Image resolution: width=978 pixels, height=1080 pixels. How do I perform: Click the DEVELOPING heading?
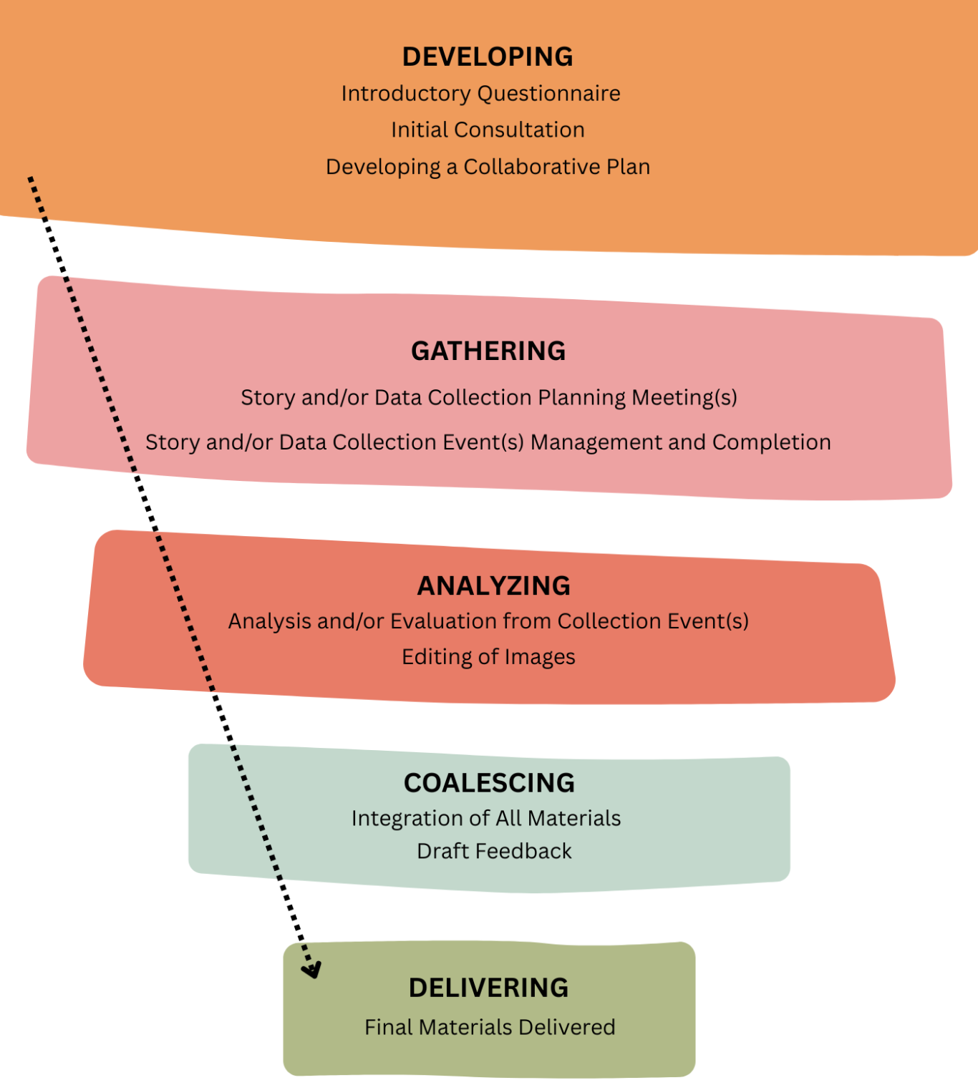(488, 57)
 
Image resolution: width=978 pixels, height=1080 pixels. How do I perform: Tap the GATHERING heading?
(488, 351)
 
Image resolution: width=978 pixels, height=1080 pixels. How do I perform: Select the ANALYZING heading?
(493, 585)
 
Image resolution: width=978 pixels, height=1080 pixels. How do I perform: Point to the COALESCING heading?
(489, 783)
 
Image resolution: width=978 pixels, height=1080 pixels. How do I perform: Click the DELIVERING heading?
(488, 988)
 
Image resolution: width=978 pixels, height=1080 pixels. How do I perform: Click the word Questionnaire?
(548, 94)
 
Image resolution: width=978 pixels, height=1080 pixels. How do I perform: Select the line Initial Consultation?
(488, 130)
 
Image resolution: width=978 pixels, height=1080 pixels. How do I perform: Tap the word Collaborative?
(531, 167)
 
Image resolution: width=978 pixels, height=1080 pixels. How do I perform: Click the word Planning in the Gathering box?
(581, 399)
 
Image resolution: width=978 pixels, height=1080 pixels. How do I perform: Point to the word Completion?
(772, 443)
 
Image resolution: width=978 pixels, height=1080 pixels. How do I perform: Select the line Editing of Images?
(488, 657)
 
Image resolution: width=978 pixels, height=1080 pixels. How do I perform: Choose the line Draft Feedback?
(494, 851)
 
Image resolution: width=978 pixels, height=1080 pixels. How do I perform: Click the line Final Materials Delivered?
(490, 1027)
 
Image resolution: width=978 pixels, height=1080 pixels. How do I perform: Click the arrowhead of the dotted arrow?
(312, 970)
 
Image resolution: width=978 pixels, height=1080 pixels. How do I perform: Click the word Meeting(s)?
(684, 399)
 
